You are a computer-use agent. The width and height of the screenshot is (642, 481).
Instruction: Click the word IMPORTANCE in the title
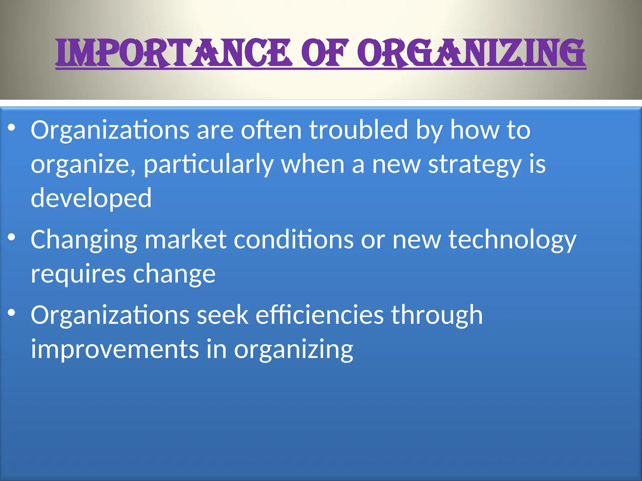pyautogui.click(x=174, y=53)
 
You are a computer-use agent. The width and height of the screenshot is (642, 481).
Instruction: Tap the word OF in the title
pyautogui.click(x=325, y=53)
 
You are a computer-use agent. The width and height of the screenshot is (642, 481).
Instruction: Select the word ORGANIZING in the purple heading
pyautogui.click(x=473, y=53)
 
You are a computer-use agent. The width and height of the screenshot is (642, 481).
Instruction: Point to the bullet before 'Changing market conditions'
pyautogui.click(x=12, y=237)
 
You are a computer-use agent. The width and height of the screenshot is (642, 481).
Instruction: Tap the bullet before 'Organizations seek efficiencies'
pyautogui.click(x=12, y=313)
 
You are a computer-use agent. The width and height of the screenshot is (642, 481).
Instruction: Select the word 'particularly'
pyautogui.click(x=208, y=164)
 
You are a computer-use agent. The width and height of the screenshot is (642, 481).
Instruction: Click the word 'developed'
pyautogui.click(x=91, y=198)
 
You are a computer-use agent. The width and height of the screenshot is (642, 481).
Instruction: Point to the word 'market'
pyautogui.click(x=186, y=240)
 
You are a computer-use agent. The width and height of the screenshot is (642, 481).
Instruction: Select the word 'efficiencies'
pyautogui.click(x=319, y=315)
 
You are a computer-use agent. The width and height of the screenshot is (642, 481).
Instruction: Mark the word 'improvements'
pyautogui.click(x=115, y=349)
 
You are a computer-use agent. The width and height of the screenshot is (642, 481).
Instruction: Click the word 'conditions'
pyautogui.click(x=294, y=240)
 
